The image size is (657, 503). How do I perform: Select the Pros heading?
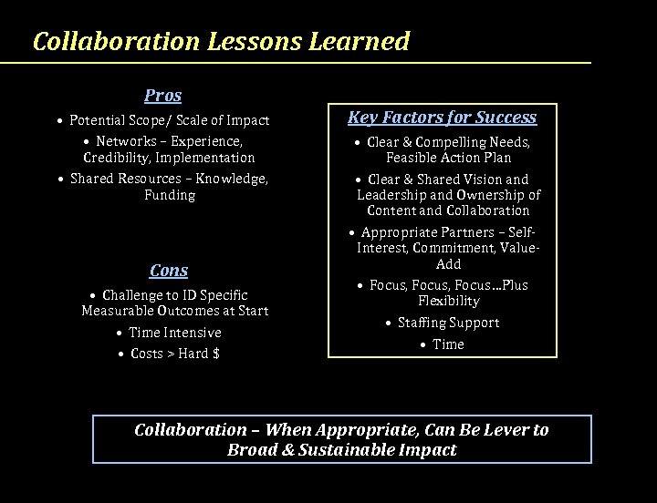[162, 95]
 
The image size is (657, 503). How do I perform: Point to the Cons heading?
[169, 270]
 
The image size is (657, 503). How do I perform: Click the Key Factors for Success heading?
[442, 117]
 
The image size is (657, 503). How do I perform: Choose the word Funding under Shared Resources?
[170, 195]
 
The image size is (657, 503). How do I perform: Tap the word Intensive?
[192, 333]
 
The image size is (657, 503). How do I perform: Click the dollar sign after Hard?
[215, 354]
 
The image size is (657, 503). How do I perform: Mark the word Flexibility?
[448, 301]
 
